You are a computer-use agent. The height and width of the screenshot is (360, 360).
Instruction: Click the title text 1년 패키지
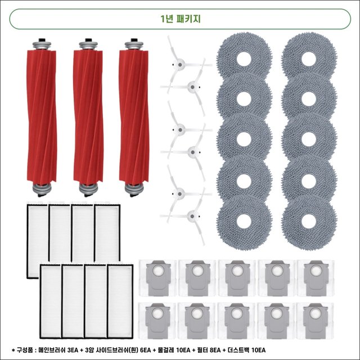coord(180,19)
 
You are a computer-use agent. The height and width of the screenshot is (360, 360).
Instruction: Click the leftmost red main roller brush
coord(42,118)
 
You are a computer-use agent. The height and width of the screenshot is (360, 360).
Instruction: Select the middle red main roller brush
coord(88,118)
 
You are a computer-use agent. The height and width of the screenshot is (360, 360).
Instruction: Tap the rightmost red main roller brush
coord(134,118)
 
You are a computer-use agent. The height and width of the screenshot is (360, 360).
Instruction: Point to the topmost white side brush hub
coord(180,65)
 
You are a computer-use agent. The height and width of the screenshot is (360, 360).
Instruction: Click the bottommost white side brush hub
coord(192,216)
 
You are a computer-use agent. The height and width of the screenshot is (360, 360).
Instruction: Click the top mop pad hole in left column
coord(244,58)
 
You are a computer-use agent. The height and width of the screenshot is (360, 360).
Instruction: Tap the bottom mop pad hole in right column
coord(309,222)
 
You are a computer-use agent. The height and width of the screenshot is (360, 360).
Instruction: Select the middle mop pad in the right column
coord(309,139)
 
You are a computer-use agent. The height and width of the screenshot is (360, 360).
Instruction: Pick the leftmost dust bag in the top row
coord(158,278)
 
